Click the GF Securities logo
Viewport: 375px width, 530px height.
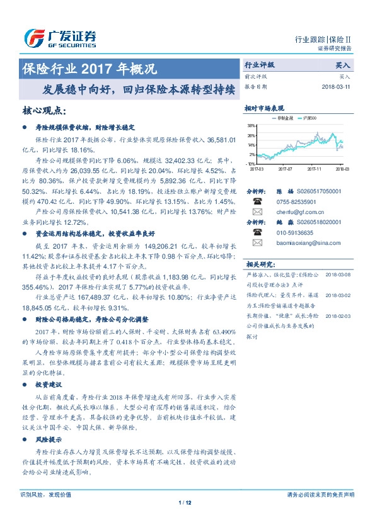click(61, 38)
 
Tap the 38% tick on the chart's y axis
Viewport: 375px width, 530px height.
click(251, 125)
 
